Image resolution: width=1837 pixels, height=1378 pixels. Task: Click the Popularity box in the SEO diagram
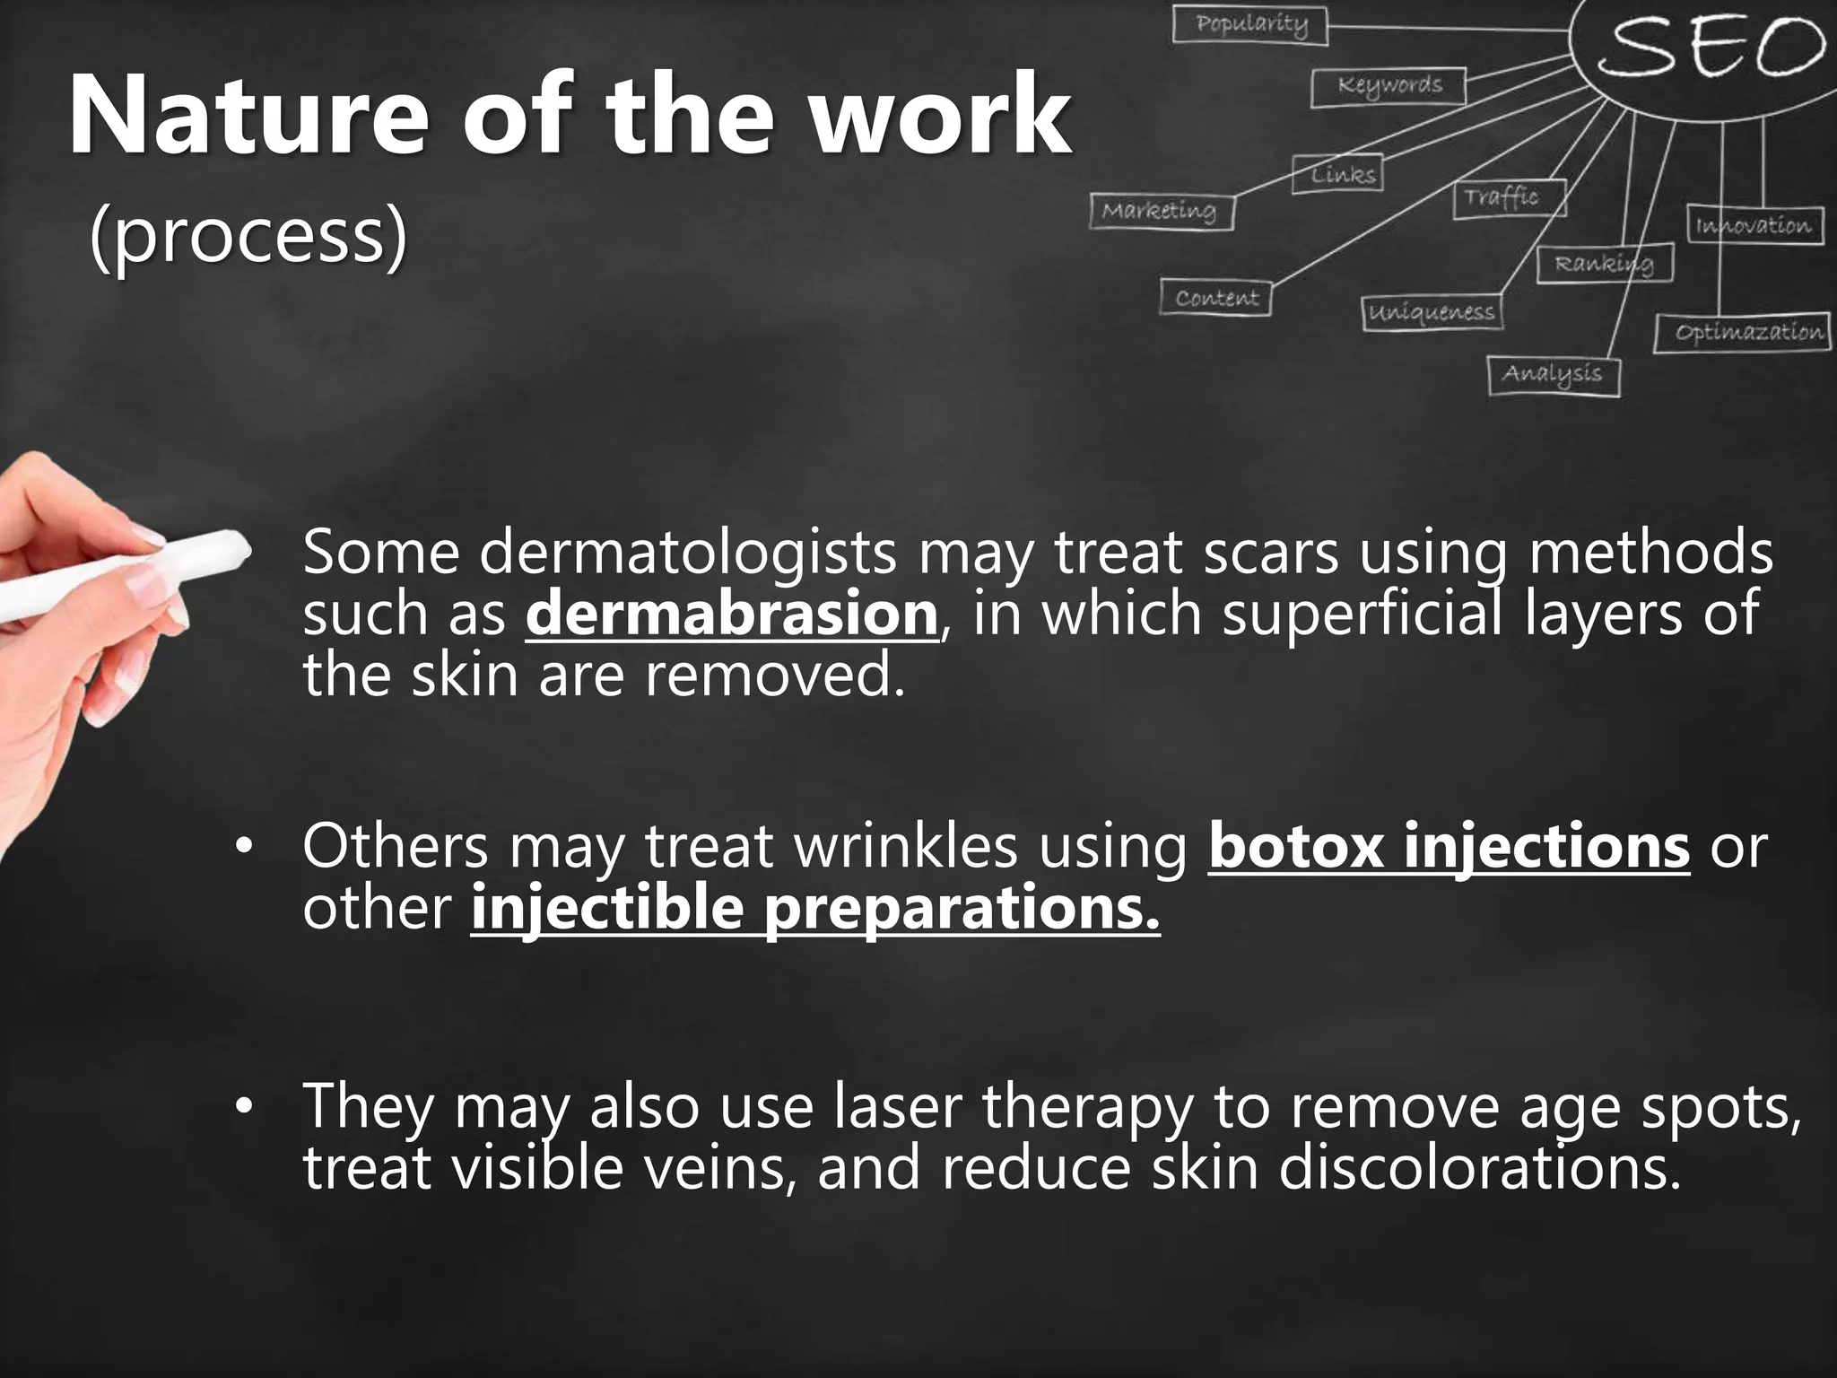tap(1249, 24)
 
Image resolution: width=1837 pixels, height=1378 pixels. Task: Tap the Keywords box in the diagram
tap(1389, 87)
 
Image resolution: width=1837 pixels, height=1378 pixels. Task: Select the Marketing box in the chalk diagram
tap(1162, 212)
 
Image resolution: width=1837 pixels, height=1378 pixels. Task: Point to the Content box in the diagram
tap(1215, 298)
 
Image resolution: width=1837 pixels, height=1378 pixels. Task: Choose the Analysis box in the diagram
tap(1554, 374)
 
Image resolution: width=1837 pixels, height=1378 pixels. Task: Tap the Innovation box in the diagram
tap(1754, 225)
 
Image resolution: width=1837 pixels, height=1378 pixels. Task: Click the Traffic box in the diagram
tap(1509, 197)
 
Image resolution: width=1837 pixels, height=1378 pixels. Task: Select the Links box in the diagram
tap(1337, 174)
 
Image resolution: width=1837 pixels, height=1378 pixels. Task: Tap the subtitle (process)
tap(248, 238)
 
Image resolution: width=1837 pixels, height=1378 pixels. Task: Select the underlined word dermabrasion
tap(731, 614)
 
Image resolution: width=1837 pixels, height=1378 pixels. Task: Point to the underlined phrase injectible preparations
tap(814, 908)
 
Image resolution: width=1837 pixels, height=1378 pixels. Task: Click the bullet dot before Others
tap(240, 848)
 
